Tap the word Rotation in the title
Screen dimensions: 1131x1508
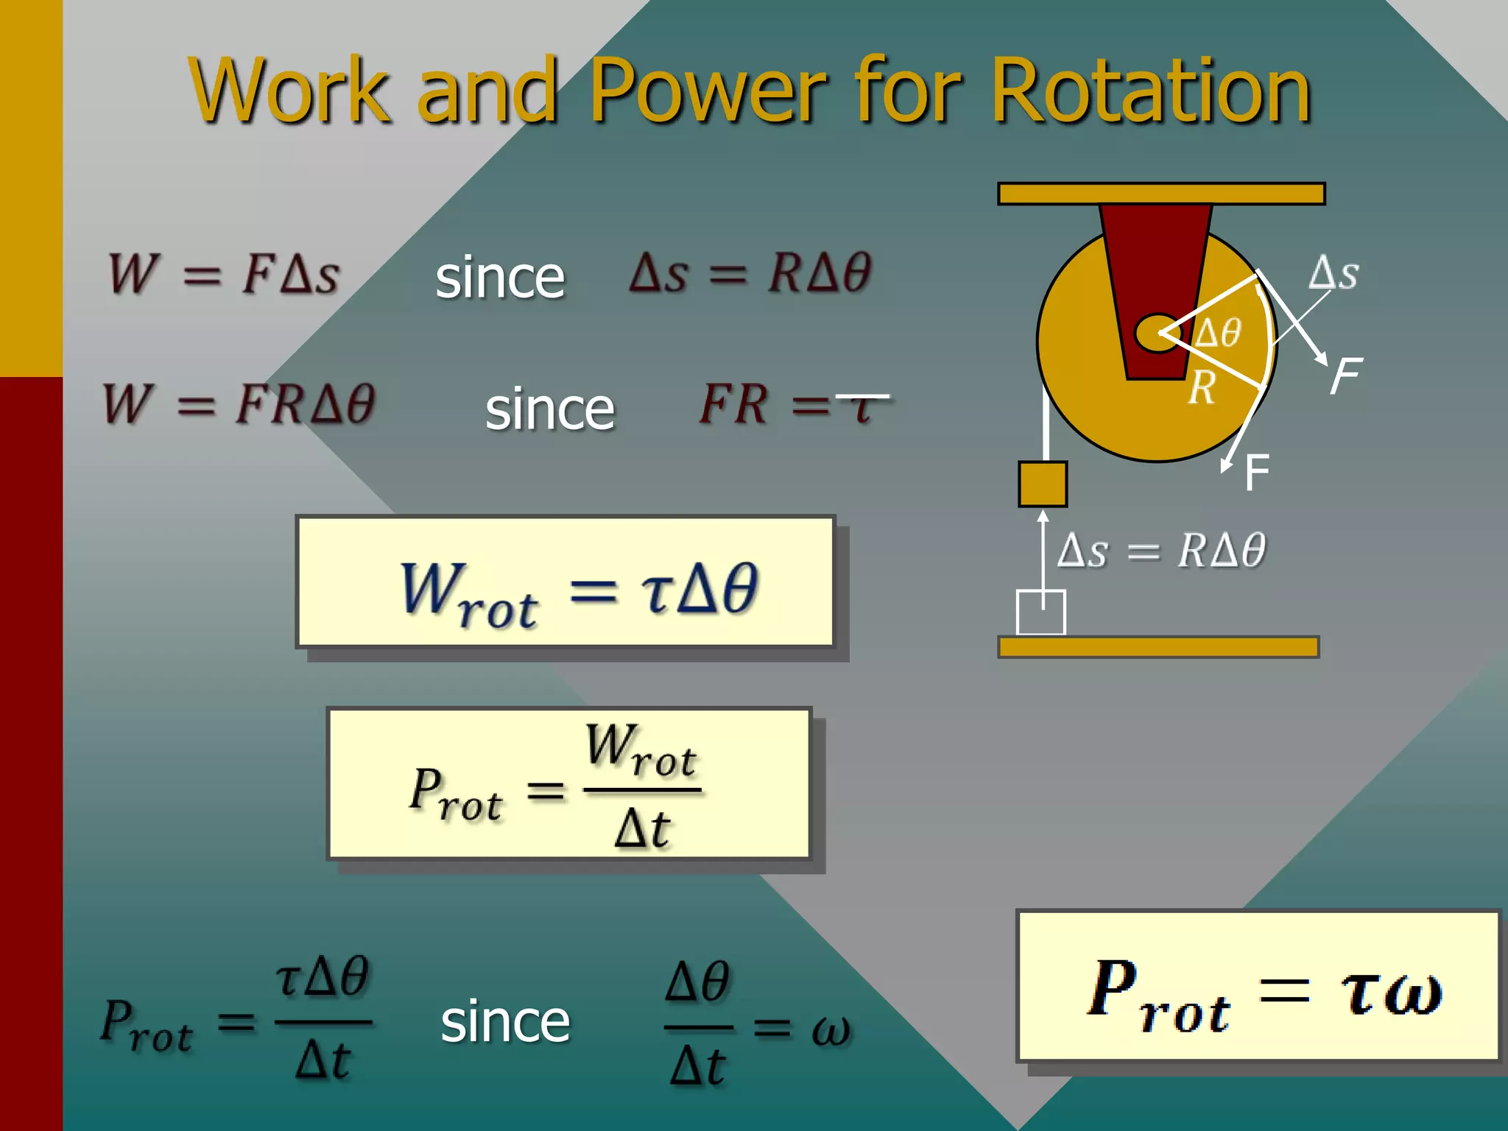tap(1150, 92)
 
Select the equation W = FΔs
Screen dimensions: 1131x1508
tap(225, 274)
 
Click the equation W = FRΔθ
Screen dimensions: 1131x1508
tap(240, 404)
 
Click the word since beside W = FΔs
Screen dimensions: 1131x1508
tap(500, 278)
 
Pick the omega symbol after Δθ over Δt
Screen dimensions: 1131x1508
tap(831, 1029)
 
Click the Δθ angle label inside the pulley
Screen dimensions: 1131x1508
tap(1219, 333)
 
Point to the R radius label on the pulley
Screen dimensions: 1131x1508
tap(1202, 387)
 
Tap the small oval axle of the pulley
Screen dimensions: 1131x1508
tap(1158, 334)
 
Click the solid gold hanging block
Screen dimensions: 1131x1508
tap(1043, 485)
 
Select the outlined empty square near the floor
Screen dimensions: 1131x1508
tap(1040, 612)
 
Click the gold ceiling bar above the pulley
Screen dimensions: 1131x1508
tap(1161, 194)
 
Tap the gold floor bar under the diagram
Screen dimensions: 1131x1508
tap(1158, 647)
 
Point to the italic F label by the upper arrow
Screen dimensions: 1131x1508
tap(1347, 376)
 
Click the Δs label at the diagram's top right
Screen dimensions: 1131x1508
tap(1333, 273)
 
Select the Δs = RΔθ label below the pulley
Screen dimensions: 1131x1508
tap(1161, 550)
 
